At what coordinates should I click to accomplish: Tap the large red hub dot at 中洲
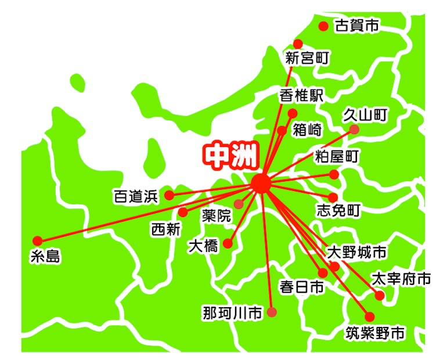(x=261, y=183)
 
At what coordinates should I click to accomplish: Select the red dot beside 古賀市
(x=324, y=26)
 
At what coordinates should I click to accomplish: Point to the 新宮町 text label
(x=308, y=58)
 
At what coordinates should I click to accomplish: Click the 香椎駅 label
(x=301, y=95)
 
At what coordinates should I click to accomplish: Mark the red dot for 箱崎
(x=282, y=130)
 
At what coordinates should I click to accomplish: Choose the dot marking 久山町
(x=354, y=129)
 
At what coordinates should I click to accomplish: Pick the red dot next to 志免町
(x=333, y=197)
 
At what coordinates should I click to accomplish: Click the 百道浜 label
(x=135, y=196)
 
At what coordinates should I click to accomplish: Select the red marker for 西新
(x=183, y=212)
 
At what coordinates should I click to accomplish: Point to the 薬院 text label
(x=217, y=216)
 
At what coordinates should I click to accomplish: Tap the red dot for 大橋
(x=228, y=244)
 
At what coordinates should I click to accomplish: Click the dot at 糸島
(x=38, y=240)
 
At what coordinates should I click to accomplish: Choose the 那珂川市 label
(x=232, y=314)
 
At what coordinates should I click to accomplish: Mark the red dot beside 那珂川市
(x=272, y=312)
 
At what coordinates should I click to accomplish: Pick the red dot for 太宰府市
(x=380, y=295)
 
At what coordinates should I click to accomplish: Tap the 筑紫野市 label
(x=373, y=333)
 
